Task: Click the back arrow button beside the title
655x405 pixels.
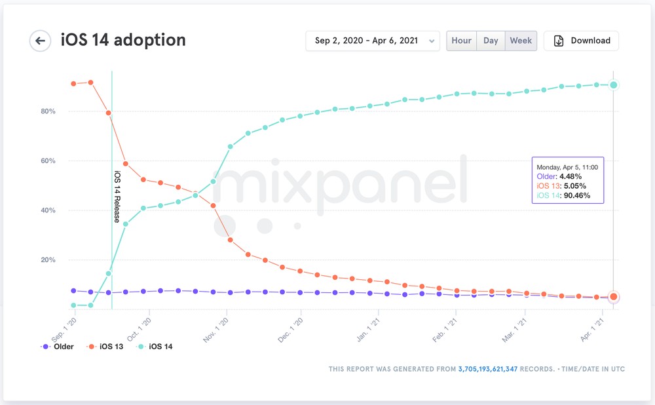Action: click(40, 41)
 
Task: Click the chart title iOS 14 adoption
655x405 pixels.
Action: click(123, 40)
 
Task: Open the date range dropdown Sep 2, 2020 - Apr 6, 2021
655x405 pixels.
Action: click(373, 41)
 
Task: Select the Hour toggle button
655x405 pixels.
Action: click(461, 41)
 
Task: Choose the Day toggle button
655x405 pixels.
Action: click(491, 41)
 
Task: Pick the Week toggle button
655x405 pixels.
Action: click(521, 41)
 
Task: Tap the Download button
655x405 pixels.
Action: click(581, 41)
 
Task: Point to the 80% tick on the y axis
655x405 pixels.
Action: click(48, 111)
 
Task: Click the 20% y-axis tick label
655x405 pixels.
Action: click(48, 260)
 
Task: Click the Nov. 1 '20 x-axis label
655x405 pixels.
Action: click(216, 330)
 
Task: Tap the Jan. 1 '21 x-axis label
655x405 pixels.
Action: click(368, 330)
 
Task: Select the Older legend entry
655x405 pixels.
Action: click(57, 347)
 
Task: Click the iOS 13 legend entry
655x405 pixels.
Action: click(105, 347)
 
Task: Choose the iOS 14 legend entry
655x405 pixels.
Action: click(155, 347)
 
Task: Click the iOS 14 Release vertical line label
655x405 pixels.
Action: click(117, 197)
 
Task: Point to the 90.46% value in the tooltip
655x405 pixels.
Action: click(576, 195)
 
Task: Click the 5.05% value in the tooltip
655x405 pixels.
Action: click(575, 186)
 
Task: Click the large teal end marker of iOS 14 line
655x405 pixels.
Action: click(614, 85)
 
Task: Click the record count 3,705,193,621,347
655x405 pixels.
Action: click(488, 369)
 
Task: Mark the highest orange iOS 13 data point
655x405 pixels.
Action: click(90, 83)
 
